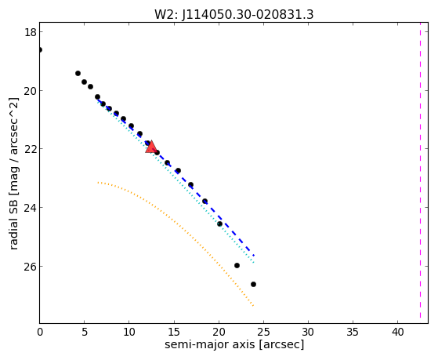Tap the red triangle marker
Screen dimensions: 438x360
click(151, 147)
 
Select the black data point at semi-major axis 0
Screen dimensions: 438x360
click(40, 49)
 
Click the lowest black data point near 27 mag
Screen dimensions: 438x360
click(253, 284)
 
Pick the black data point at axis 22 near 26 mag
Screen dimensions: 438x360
click(237, 265)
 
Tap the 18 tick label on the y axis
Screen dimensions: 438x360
click(30, 32)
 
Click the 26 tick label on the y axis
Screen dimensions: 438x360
click(30, 267)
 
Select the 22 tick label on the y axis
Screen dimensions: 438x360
click(30, 149)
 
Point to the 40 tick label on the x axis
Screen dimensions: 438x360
click(398, 332)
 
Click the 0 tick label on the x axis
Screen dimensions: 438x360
click(40, 332)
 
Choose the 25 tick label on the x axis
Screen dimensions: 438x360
click(263, 332)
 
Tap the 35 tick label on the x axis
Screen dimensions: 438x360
click(353, 332)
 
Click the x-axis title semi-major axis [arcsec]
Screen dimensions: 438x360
click(234, 344)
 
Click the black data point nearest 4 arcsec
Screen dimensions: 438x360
click(78, 73)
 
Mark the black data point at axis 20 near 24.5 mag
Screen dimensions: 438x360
click(219, 224)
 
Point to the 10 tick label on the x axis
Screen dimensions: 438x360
click(129, 332)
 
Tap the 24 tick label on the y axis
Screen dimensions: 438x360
click(30, 208)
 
